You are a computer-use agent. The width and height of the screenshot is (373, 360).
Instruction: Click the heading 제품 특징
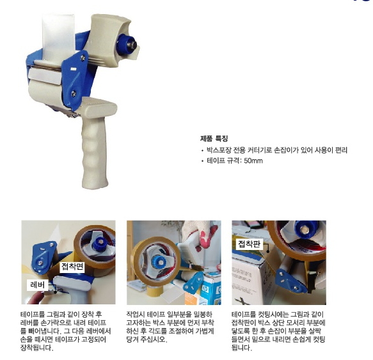click(214, 138)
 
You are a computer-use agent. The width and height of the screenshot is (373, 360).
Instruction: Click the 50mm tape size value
click(253, 160)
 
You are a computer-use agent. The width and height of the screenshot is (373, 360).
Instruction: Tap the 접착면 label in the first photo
click(72, 266)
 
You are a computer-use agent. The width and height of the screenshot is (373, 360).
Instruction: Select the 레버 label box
click(38, 285)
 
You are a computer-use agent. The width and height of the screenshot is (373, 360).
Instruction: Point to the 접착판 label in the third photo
click(250, 244)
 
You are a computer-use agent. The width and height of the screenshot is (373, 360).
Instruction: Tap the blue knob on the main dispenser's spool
click(125, 45)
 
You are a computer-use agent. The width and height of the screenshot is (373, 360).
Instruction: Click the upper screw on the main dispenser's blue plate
click(83, 58)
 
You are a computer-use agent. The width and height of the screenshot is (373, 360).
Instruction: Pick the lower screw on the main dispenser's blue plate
click(74, 94)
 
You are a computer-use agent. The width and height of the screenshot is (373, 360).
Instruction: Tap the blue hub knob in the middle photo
click(161, 261)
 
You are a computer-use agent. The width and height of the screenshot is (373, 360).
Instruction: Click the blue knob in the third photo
click(305, 228)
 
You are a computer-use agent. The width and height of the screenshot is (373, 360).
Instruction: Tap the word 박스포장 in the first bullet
click(216, 150)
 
